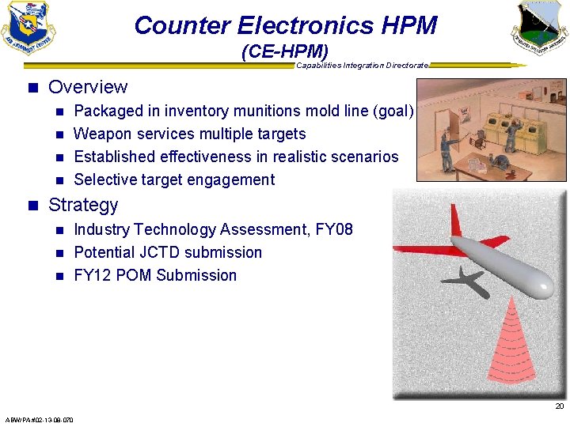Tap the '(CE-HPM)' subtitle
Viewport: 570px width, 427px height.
click(x=284, y=52)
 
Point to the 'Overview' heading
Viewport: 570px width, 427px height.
click(x=88, y=87)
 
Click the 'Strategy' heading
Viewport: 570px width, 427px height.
click(x=83, y=205)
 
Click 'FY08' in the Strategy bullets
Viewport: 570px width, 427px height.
click(x=334, y=229)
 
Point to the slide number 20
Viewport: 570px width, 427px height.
click(x=559, y=406)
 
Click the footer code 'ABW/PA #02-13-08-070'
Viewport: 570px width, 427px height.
click(x=40, y=420)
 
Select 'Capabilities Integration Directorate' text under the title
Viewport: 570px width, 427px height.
click(x=363, y=65)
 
